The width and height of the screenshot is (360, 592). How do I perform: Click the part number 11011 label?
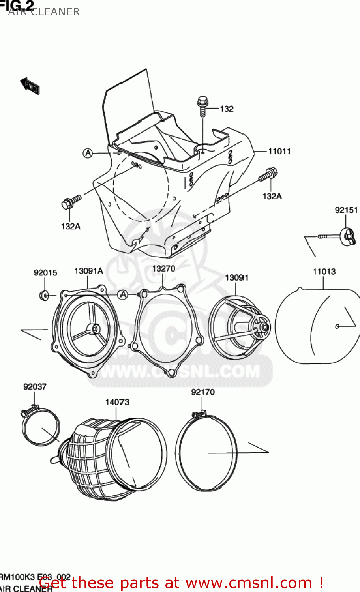[x=279, y=152]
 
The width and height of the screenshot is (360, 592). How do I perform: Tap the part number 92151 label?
[x=346, y=210]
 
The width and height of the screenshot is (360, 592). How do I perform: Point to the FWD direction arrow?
[x=30, y=86]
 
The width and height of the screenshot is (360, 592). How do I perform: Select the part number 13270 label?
[x=163, y=269]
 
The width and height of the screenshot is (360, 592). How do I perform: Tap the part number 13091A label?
[x=89, y=271]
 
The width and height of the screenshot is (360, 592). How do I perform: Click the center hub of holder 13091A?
[x=95, y=328]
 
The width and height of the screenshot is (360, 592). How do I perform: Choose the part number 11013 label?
[x=324, y=272]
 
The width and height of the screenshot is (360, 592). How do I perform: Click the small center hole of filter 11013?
[x=337, y=326]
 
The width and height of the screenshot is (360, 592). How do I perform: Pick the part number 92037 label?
[x=35, y=387]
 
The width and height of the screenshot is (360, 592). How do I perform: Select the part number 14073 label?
[x=117, y=402]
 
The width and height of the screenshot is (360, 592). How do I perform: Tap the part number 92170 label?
[x=203, y=392]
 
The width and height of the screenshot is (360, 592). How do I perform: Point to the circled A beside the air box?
[x=88, y=153]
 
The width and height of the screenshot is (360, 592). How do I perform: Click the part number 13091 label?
[x=237, y=278]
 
